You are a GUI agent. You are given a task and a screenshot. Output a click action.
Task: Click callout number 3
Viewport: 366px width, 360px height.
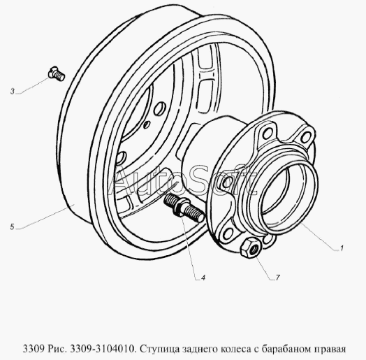click(13, 92)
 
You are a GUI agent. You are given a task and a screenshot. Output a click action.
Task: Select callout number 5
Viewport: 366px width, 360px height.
click(12, 227)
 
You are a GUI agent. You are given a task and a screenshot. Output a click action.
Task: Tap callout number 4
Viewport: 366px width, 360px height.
click(203, 278)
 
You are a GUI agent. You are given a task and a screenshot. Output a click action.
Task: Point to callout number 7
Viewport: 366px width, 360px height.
click(277, 278)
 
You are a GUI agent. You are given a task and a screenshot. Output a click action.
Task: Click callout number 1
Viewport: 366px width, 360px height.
click(342, 248)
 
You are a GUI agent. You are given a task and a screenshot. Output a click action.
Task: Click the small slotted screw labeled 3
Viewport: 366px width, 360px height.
click(57, 73)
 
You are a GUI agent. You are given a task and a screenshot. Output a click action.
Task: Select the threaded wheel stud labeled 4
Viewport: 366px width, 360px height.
click(184, 208)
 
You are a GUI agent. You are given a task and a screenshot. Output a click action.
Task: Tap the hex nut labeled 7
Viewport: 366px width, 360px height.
click(251, 248)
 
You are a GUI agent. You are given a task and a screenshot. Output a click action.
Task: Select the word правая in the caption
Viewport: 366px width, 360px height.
click(330, 350)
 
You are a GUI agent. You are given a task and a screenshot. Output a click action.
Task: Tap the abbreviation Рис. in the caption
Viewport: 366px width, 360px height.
click(58, 349)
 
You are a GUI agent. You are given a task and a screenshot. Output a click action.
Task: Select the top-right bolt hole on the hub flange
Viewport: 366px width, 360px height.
click(306, 137)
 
